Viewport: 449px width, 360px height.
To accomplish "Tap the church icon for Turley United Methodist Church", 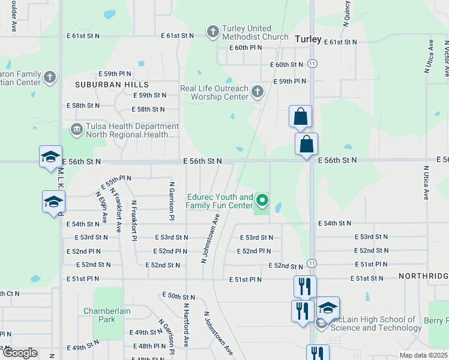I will [212, 32].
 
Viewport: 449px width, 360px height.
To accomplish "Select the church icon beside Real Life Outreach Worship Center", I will [258, 92].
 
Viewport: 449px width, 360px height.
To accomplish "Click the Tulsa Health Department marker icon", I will [77, 129].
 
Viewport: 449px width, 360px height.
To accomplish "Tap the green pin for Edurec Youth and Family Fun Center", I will [262, 199].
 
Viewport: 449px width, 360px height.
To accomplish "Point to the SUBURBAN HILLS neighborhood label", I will [112, 85].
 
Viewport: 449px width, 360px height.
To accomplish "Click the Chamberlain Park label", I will [107, 315].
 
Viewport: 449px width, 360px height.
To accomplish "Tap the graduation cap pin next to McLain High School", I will [328, 308].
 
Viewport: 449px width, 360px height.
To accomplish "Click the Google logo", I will [20, 353].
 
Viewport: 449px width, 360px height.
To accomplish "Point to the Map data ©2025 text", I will [423, 355].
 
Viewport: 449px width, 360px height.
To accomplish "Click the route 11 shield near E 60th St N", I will [312, 63].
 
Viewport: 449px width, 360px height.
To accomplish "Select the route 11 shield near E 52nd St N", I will [312, 263].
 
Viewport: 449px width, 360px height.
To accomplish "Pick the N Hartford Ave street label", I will [187, 325].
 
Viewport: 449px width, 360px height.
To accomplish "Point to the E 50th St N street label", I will [179, 297].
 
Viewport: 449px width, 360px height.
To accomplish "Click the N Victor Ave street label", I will [446, 58].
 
